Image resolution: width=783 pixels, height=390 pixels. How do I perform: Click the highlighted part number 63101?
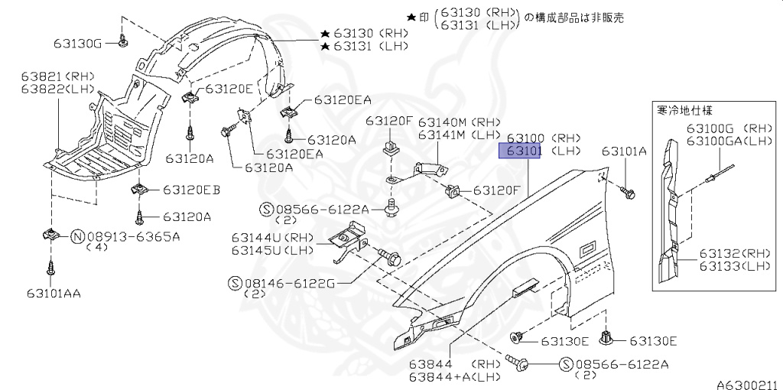521,151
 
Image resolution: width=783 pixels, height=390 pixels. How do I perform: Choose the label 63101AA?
54,292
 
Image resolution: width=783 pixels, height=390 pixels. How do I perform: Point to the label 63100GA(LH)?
729,141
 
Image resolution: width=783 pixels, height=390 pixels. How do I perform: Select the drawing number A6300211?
746,385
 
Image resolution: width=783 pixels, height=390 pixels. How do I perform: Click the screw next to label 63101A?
628,193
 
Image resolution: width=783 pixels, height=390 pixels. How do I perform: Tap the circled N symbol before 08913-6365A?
77,236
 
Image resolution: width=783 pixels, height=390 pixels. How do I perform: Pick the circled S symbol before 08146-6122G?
235,283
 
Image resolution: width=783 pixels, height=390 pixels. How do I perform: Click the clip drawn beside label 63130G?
123,41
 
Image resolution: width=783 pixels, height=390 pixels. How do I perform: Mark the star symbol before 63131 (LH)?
325,47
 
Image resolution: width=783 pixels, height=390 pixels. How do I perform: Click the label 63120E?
227,89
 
